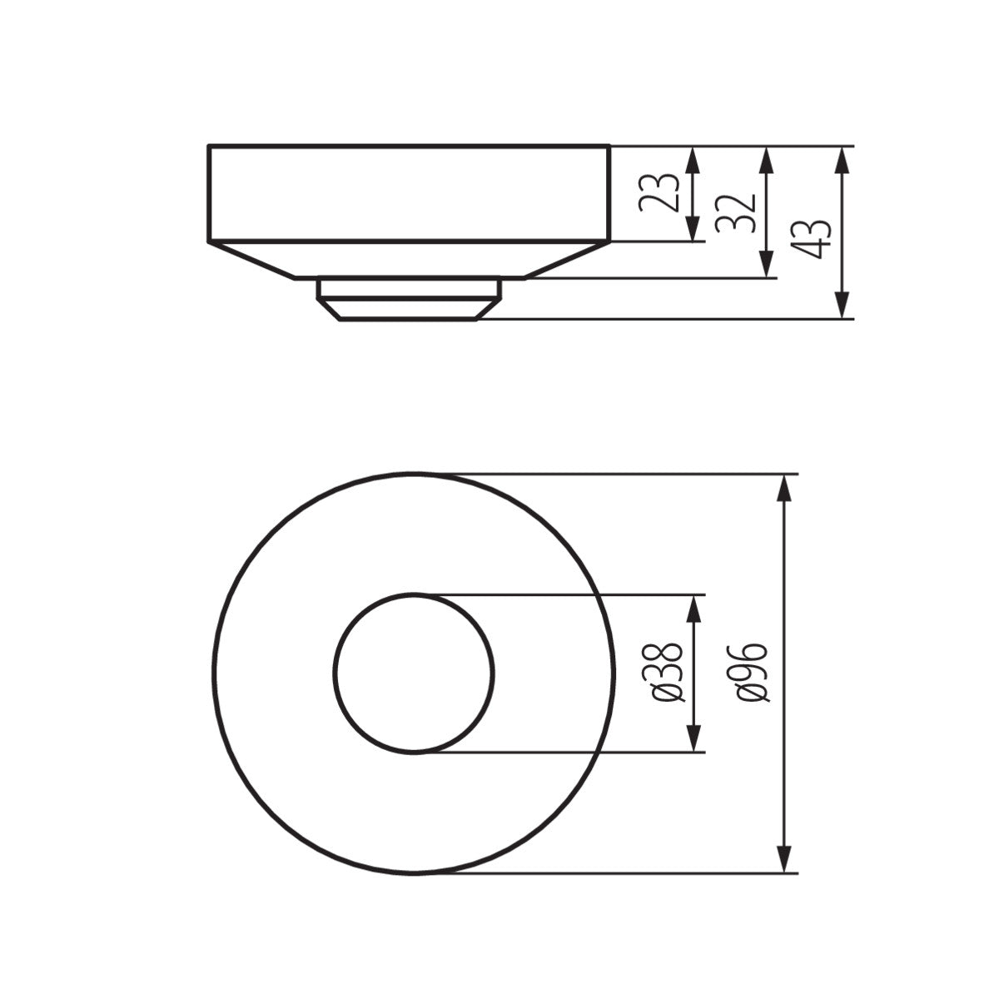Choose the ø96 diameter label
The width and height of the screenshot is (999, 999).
tap(752, 673)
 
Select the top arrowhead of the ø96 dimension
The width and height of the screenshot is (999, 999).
tap(783, 488)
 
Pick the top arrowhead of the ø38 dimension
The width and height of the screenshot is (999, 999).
tap(693, 609)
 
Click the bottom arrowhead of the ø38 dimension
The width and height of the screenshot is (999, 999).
tap(693, 738)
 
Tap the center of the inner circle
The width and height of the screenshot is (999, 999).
tap(414, 673)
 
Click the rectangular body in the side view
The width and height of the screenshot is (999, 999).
tap(408, 193)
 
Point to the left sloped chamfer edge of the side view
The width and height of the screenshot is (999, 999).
tap(251, 261)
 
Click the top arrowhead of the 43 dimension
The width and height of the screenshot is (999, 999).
tap(842, 161)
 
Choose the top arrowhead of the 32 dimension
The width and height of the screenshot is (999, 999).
tap(764, 161)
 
